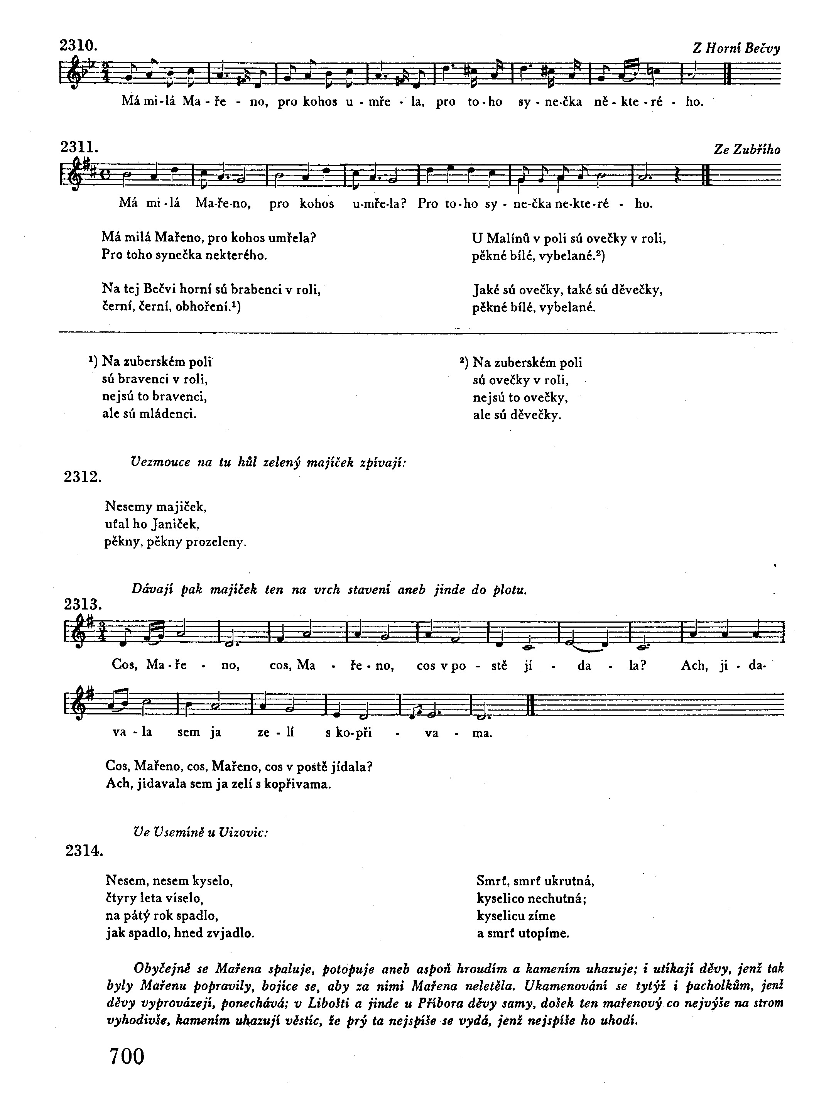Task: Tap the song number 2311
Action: click(79, 147)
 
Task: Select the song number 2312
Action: click(83, 477)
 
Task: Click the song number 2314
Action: click(84, 851)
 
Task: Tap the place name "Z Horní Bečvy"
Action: click(736, 48)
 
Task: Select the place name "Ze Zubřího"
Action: click(746, 150)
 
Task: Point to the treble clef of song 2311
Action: click(69, 174)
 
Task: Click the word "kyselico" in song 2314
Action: click(502, 899)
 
